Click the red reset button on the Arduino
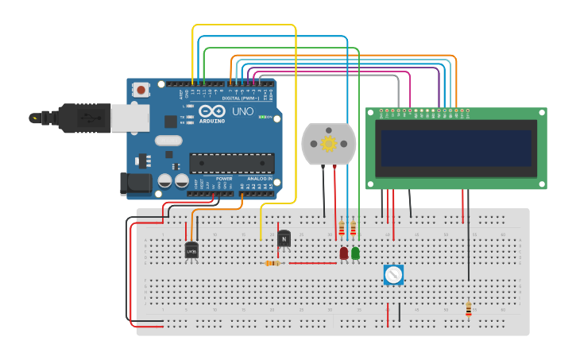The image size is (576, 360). click(x=141, y=90)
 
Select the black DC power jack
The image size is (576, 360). click(x=135, y=184)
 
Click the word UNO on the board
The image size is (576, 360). click(x=242, y=112)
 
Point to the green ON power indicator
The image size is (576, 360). click(x=262, y=118)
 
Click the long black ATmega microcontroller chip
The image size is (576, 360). click(x=231, y=163)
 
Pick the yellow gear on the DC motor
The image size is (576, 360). click(x=328, y=143)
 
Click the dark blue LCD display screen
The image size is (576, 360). click(x=455, y=148)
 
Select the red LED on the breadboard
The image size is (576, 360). click(x=343, y=253)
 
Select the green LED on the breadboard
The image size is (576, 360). click(x=355, y=253)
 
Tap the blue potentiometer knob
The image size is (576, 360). click(x=393, y=275)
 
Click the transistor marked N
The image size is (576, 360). click(x=284, y=238)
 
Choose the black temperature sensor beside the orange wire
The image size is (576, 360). click(x=191, y=250)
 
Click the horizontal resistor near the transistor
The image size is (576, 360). click(x=273, y=263)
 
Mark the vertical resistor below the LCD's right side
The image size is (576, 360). click(x=468, y=308)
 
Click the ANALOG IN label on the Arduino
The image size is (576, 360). click(x=259, y=179)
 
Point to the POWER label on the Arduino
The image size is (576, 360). click(x=224, y=179)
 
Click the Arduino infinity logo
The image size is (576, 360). click(x=213, y=111)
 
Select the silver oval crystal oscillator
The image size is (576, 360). click(x=168, y=141)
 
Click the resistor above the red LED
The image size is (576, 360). click(x=342, y=229)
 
